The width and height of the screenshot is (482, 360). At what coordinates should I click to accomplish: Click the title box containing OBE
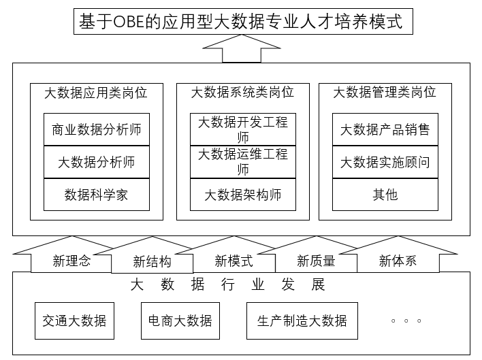point(243,22)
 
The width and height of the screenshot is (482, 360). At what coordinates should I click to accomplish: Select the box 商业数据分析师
point(97,129)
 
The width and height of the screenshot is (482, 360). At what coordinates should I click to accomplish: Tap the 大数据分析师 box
point(97,162)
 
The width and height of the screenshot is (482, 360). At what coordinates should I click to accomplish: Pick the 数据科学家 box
point(97,195)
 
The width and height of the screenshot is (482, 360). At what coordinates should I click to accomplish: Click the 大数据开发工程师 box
point(243,129)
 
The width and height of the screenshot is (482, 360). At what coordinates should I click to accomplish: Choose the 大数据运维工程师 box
point(243,162)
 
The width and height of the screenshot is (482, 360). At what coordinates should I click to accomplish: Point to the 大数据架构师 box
point(243,195)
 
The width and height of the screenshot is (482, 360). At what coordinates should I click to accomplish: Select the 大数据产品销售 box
point(385,129)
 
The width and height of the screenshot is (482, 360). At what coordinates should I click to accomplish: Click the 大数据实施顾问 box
point(385,162)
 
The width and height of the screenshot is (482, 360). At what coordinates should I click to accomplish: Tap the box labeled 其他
point(385,195)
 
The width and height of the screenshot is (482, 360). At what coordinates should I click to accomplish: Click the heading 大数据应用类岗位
point(96,93)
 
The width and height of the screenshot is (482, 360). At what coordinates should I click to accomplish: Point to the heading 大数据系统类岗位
point(242,92)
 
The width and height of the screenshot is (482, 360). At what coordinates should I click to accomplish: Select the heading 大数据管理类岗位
point(385,92)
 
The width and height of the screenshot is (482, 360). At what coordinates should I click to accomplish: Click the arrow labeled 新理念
point(71,261)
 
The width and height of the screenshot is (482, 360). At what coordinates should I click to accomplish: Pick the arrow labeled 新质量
point(316,261)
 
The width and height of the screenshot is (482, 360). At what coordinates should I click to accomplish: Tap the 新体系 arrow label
point(398,261)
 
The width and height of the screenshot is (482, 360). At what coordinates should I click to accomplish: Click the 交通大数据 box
point(74,321)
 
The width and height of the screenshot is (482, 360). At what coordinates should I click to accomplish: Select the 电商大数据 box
point(180,321)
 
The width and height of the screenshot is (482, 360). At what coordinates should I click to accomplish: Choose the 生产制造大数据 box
point(302,321)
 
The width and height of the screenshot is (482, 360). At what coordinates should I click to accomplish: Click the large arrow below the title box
point(242,49)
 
